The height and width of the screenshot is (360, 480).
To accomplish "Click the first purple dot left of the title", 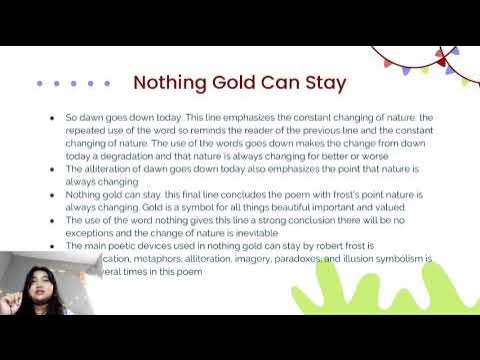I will [x=39, y=83].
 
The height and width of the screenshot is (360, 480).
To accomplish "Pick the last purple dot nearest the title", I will [x=107, y=83].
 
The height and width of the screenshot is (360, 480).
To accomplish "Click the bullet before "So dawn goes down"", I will [x=52, y=118].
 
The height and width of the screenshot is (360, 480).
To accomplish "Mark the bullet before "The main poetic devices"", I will [x=52, y=245].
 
